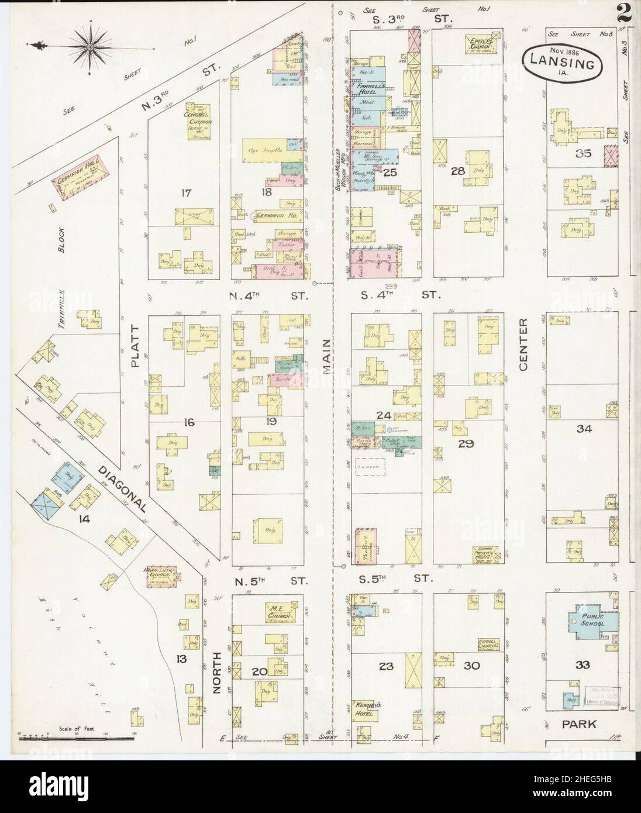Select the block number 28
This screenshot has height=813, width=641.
pos(457,172)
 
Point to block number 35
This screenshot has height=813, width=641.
pos(583,154)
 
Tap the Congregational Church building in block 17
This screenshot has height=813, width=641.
pos(199,121)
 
